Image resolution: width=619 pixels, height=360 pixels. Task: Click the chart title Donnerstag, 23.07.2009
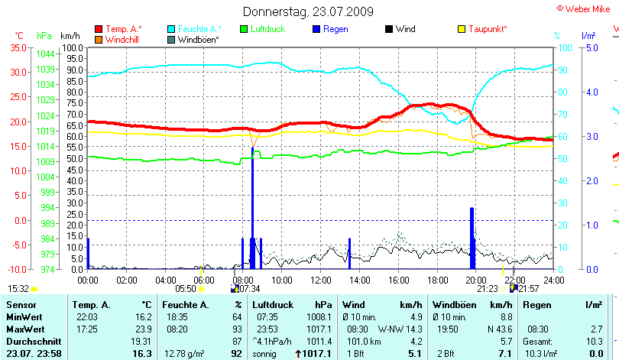309,11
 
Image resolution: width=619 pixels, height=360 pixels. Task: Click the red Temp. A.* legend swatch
98,29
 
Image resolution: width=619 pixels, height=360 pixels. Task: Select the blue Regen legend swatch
317,29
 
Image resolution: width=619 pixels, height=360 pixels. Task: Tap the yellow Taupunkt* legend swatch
462,29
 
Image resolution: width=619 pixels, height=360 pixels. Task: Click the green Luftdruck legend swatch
245,29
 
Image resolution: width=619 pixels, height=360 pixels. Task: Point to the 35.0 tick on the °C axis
16,47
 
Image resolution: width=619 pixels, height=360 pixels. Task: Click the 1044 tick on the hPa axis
44,54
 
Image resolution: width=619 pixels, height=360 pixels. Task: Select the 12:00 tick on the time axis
321,280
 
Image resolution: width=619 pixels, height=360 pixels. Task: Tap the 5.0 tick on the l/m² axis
591,47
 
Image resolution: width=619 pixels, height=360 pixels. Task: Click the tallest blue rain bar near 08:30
252,206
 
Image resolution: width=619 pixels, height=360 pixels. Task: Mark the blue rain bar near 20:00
472,237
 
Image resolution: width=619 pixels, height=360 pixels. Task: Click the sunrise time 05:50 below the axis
186,289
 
